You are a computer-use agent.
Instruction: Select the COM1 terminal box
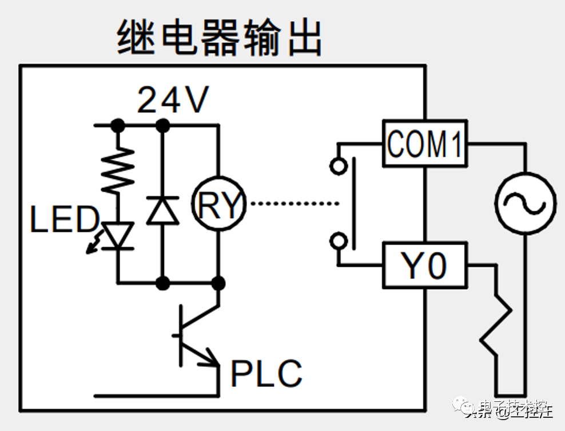click(x=424, y=144)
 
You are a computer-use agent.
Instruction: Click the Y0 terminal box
click(x=424, y=264)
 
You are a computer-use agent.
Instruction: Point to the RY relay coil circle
click(x=218, y=204)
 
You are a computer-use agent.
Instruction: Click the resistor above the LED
click(x=118, y=170)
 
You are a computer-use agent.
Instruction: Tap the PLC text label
click(x=266, y=373)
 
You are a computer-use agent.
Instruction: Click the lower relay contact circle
click(x=339, y=241)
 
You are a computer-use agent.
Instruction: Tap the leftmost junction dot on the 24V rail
click(x=118, y=124)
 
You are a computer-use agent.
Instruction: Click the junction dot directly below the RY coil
click(x=218, y=282)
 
